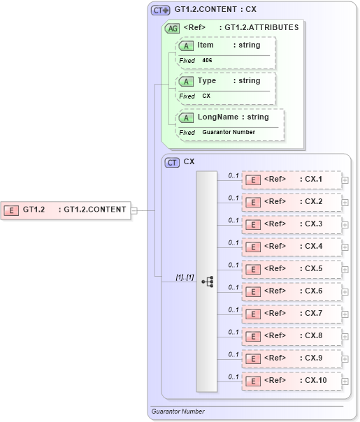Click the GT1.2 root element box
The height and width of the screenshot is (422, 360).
click(x=66, y=209)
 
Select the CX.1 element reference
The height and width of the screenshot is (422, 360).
click(x=291, y=180)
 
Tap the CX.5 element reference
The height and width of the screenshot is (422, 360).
click(x=291, y=269)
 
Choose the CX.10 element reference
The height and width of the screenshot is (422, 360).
click(x=291, y=381)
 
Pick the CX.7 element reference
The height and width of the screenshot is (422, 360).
click(x=291, y=314)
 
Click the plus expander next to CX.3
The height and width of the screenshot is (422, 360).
click(x=345, y=224)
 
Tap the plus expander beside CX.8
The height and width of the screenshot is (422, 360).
click(x=345, y=336)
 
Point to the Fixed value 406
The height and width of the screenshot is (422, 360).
click(x=208, y=61)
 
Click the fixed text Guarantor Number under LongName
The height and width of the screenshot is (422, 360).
click(x=229, y=132)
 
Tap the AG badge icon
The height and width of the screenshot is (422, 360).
click(x=171, y=28)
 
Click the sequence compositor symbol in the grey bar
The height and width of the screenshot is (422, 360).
click(x=207, y=281)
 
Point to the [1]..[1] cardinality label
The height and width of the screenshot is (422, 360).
click(x=185, y=278)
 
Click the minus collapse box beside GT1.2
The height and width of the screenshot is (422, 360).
click(x=134, y=209)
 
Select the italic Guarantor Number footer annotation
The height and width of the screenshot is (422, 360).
click(x=178, y=412)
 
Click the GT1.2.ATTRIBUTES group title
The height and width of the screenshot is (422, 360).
click(x=258, y=28)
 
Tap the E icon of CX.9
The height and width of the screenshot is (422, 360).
click(x=255, y=358)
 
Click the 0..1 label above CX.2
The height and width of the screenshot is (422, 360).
click(x=234, y=197)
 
